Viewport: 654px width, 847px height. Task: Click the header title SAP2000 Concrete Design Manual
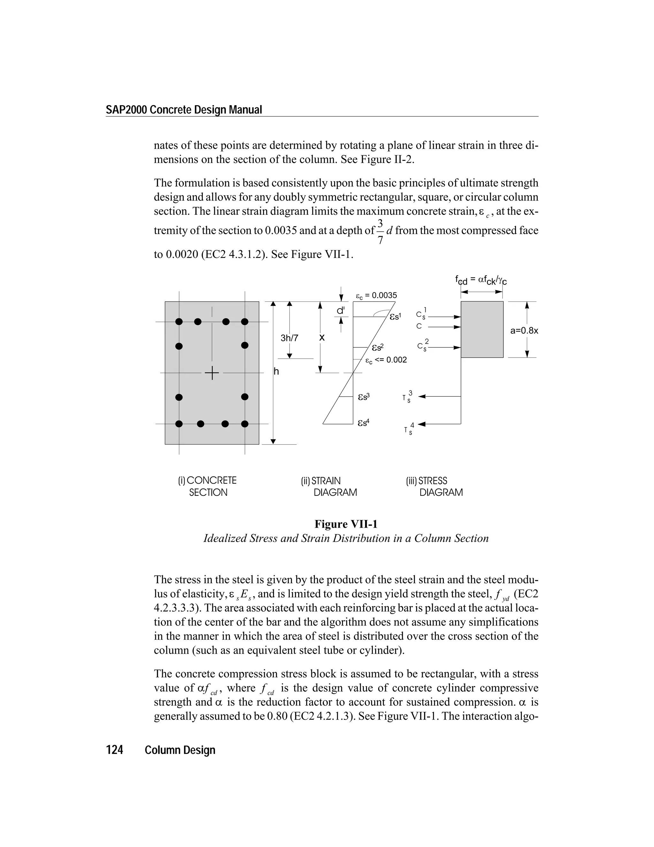pyautogui.click(x=184, y=110)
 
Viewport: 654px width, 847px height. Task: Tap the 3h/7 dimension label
pyautogui.click(x=289, y=338)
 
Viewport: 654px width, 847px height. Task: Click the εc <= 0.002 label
pyautogui.click(x=386, y=360)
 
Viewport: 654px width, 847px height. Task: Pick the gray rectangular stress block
pyautogui.click(x=482, y=329)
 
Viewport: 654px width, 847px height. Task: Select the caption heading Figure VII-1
pyautogui.click(x=346, y=524)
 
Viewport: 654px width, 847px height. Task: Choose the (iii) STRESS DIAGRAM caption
pyautogui.click(x=434, y=486)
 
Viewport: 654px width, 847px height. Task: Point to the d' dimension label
pyautogui.click(x=340, y=311)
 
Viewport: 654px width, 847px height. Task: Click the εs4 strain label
pyautogui.click(x=363, y=422)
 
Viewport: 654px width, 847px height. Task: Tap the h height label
pyautogui.click(x=276, y=371)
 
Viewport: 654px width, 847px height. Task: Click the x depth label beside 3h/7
pyautogui.click(x=322, y=338)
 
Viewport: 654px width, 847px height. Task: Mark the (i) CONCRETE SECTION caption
pyautogui.click(x=207, y=486)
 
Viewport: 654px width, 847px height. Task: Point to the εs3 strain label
pyautogui.click(x=363, y=397)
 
